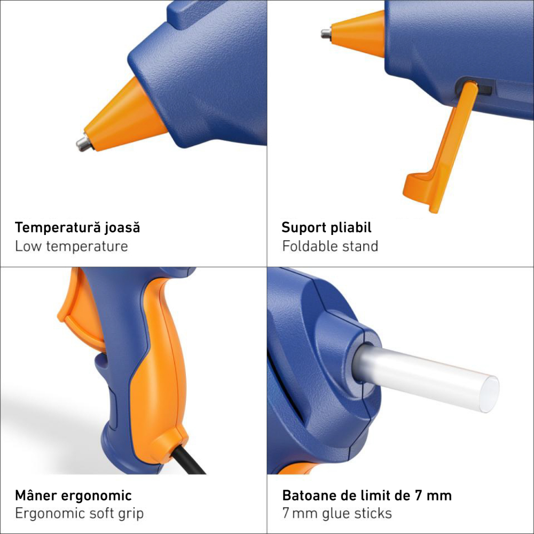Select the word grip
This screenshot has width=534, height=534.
click(131, 514)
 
